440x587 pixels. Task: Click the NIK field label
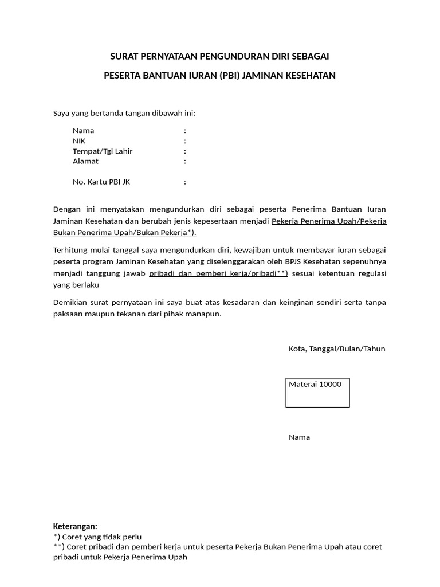[79, 141]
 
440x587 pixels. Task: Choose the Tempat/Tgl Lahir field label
[103, 151]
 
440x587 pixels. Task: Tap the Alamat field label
[85, 161]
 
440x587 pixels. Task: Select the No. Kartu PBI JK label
[101, 182]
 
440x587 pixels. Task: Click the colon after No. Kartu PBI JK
[185, 182]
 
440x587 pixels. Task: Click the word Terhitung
[71, 250]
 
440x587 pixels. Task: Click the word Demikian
[70, 302]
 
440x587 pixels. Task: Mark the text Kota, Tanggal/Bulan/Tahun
[337, 349]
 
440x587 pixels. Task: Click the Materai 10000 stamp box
[317, 393]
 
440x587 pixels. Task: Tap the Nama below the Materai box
[299, 437]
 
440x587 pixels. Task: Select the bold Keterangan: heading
[75, 526]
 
